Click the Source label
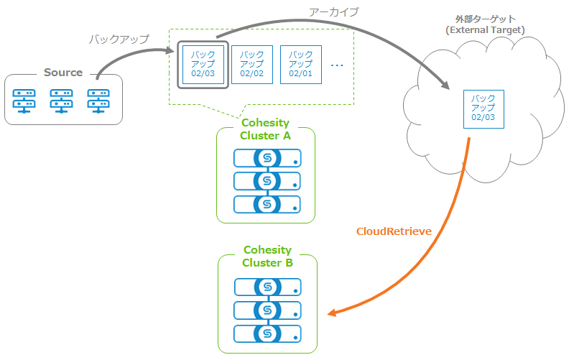[63, 73]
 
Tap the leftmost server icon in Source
[24, 101]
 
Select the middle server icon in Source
[61, 101]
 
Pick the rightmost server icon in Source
[98, 101]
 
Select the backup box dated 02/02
[251, 65]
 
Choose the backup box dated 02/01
[300, 65]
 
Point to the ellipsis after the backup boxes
[337, 65]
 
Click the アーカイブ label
[333, 12]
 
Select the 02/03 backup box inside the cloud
[483, 109]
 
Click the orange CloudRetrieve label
[394, 231]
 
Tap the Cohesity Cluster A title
[266, 129]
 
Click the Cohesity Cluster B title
[267, 257]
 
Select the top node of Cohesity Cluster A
[267, 158]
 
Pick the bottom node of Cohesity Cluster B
[267, 333]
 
